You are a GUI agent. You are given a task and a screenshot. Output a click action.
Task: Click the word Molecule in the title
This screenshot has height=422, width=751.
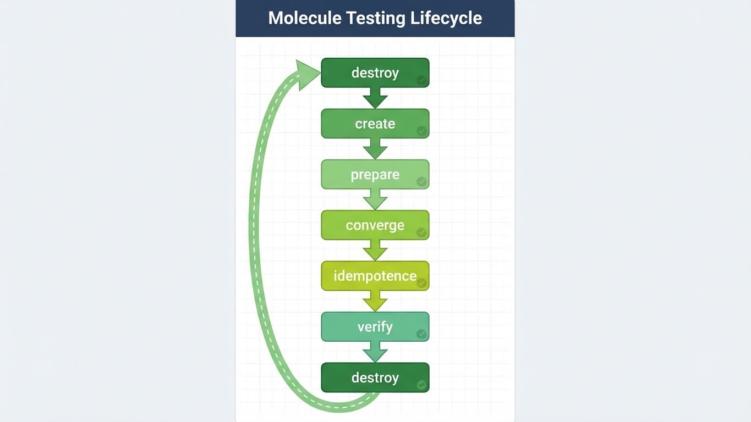(305, 18)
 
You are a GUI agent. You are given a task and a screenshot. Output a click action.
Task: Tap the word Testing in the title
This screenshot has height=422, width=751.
(376, 18)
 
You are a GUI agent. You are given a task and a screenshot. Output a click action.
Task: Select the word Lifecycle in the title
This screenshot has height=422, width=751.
(446, 18)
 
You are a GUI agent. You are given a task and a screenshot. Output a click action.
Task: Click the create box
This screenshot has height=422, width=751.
(375, 124)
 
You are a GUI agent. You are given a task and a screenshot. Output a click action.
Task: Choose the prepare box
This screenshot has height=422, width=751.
(375, 175)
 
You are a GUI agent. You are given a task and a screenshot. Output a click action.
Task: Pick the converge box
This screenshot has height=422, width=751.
(375, 225)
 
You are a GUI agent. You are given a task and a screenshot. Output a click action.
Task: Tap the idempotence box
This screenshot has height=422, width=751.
(375, 276)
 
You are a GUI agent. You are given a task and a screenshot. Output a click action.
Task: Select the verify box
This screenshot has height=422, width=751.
(375, 327)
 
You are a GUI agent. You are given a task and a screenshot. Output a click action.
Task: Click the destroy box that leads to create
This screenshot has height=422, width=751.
(375, 73)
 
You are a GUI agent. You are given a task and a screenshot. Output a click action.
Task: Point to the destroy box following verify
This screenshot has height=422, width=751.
(375, 377)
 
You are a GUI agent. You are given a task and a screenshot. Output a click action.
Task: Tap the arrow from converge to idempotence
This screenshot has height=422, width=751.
(375, 250)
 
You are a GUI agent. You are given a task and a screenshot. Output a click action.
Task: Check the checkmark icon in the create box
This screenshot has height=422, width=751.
(421, 131)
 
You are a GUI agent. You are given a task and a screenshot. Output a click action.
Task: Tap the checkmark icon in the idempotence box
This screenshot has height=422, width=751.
(421, 284)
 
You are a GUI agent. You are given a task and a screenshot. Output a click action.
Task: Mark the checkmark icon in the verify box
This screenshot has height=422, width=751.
(421, 334)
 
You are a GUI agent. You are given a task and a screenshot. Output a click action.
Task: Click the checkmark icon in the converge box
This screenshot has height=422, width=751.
(421, 232)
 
